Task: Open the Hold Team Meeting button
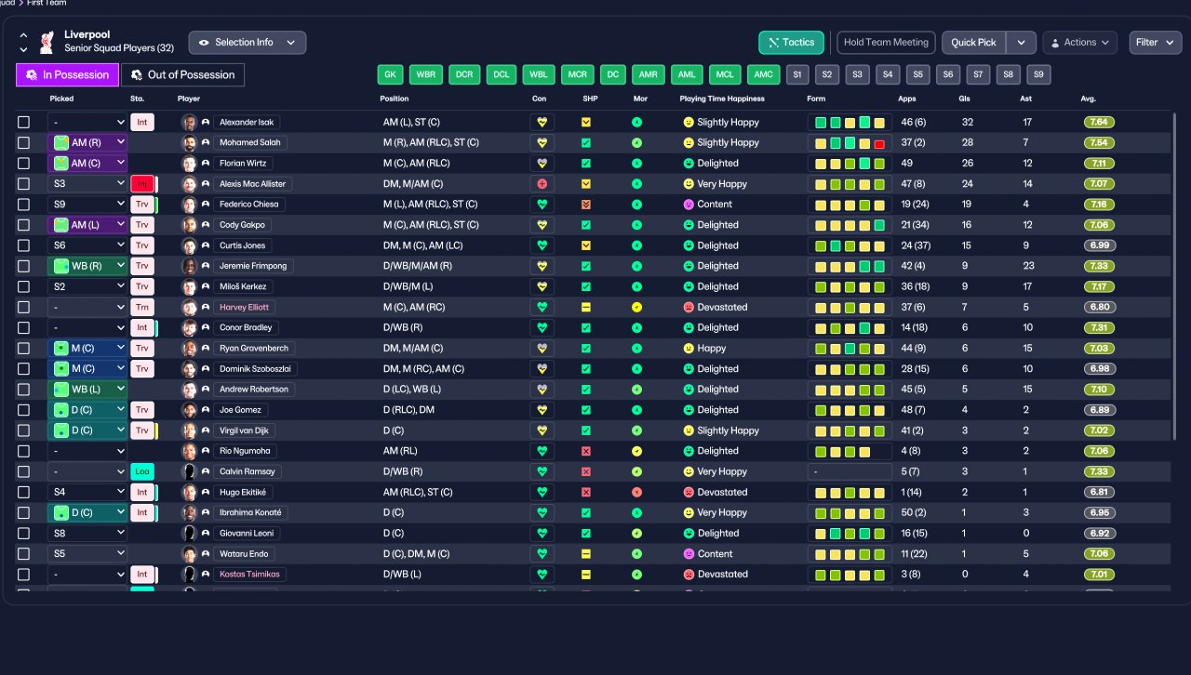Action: click(x=886, y=43)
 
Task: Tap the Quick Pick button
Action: click(x=973, y=43)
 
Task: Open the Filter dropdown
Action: click(x=1155, y=43)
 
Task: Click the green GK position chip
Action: click(x=390, y=75)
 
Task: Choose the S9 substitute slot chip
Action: click(x=1038, y=75)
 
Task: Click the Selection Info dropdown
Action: click(x=247, y=43)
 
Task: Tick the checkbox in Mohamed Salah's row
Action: click(x=24, y=143)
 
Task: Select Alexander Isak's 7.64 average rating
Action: click(x=1099, y=122)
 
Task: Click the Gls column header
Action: click(x=965, y=99)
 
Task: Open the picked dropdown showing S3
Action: click(x=87, y=184)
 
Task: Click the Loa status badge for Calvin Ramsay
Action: click(x=142, y=471)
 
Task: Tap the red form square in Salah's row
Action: click(x=879, y=143)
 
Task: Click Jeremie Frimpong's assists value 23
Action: click(x=1027, y=266)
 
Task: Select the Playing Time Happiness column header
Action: click(x=722, y=99)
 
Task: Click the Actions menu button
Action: click(x=1079, y=43)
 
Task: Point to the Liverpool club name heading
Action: click(x=87, y=34)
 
